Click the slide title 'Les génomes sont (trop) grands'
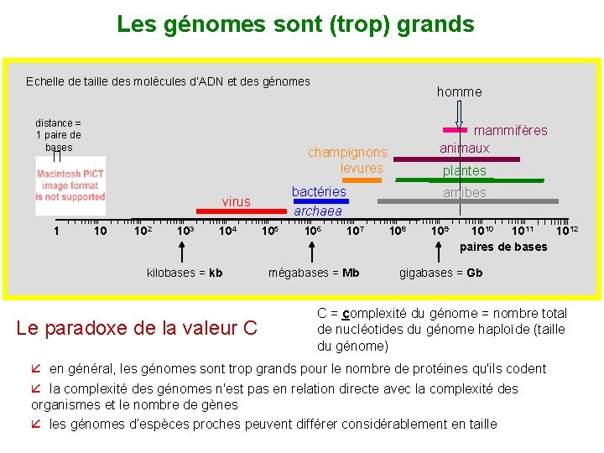295,24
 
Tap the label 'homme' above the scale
459,91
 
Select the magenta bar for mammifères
455,130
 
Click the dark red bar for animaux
456,159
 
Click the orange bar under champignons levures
362,180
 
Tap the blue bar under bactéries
316,201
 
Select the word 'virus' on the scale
236,201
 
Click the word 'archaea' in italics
317,211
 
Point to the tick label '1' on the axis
56,231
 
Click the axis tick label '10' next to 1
100,231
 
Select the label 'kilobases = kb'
185,273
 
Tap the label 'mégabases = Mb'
314,273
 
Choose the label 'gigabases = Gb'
440,273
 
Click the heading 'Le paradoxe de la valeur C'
137,327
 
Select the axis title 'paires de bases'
503,247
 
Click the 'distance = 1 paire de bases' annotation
58,135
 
